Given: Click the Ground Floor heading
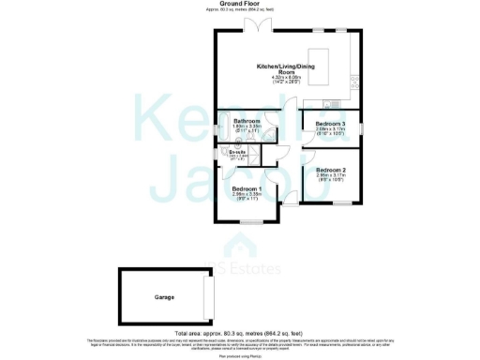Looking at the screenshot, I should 239,4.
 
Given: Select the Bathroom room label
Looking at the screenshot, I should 247,121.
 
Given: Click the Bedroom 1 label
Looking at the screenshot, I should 247,188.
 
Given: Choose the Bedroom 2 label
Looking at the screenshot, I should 330,170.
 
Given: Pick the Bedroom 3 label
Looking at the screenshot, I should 330,124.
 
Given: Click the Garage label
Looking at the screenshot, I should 165,297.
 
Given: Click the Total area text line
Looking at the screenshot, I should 239,333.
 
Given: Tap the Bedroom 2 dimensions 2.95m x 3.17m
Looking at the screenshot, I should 330,175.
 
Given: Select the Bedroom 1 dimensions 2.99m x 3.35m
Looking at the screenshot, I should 247,195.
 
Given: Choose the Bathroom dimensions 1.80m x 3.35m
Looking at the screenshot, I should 247,127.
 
